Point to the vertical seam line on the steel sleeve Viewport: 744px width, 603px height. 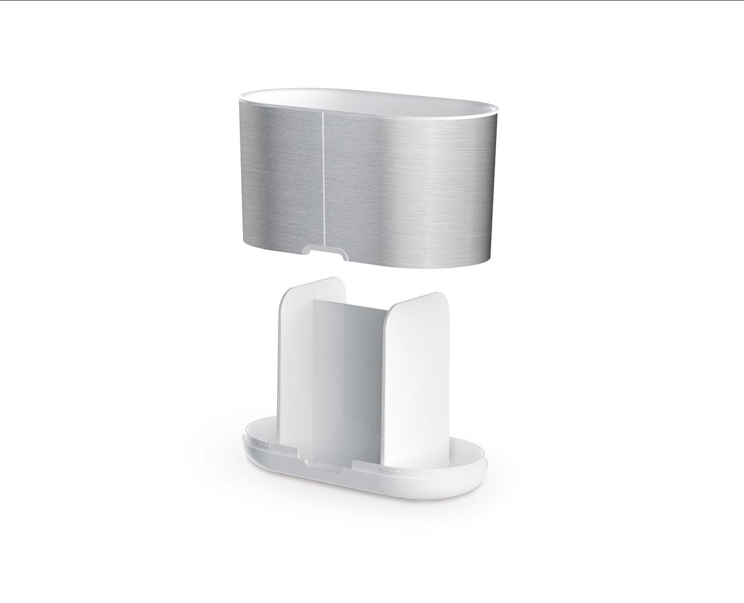pyautogui.click(x=323, y=180)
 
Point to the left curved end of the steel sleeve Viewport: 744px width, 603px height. pyautogui.click(x=248, y=174)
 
